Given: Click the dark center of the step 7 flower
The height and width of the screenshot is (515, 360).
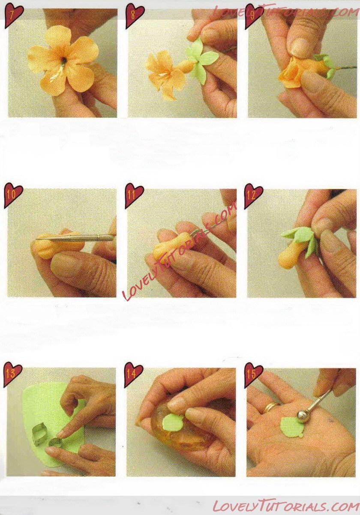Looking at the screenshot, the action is (64, 60).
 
